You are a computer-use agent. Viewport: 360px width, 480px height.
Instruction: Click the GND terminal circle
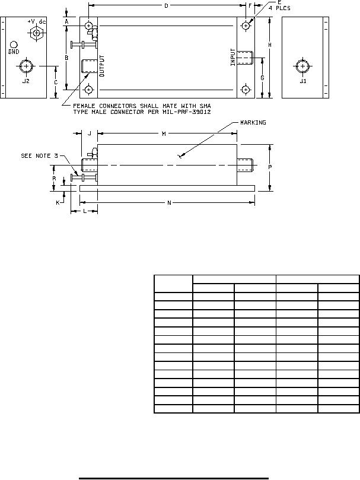14,44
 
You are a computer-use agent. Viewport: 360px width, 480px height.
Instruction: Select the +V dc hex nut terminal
37,33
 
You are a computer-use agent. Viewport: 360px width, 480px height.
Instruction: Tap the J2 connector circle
27,66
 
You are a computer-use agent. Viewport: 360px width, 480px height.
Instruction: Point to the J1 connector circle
302,66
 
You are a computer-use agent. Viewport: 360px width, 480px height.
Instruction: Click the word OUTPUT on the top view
102,66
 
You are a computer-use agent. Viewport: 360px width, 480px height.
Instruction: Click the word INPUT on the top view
233,57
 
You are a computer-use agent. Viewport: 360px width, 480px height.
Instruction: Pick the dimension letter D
166,5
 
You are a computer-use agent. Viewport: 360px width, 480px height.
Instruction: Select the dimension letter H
270,45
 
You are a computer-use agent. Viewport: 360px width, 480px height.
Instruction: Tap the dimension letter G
262,78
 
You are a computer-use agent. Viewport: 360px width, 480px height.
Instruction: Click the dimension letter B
67,58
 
